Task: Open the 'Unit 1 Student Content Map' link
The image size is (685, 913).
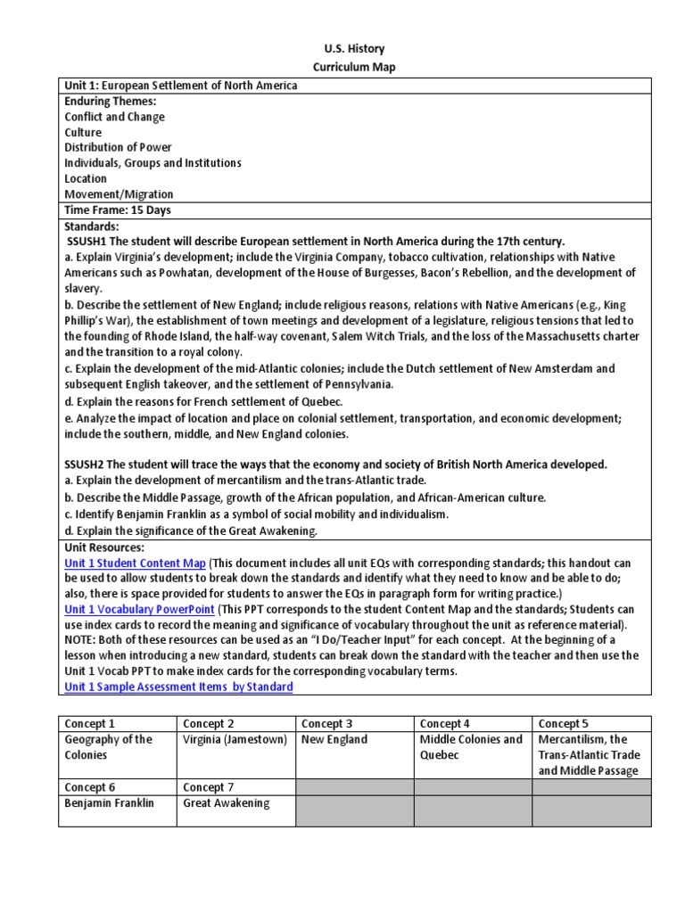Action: tap(135, 563)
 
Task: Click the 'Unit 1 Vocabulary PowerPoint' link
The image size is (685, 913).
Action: tap(139, 609)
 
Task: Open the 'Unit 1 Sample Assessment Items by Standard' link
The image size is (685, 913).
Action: tap(178, 687)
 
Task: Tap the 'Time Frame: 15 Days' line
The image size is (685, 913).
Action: tap(117, 210)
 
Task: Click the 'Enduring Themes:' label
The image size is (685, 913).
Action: tap(110, 102)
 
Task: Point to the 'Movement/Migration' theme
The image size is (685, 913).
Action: tap(119, 194)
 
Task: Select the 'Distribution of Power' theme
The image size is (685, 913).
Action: tap(118, 148)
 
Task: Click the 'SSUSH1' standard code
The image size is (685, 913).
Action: tap(88, 242)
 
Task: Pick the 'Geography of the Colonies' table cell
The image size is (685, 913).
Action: tap(108, 747)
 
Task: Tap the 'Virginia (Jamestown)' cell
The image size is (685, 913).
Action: tap(235, 740)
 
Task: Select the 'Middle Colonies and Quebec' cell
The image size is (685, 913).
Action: tap(471, 747)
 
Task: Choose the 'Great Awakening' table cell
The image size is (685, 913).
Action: tap(226, 802)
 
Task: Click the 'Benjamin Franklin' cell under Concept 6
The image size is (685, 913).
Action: tap(109, 802)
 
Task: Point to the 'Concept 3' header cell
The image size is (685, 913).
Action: tap(326, 724)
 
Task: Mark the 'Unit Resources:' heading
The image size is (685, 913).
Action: tap(103, 547)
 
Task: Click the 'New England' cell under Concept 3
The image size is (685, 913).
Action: tap(334, 740)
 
